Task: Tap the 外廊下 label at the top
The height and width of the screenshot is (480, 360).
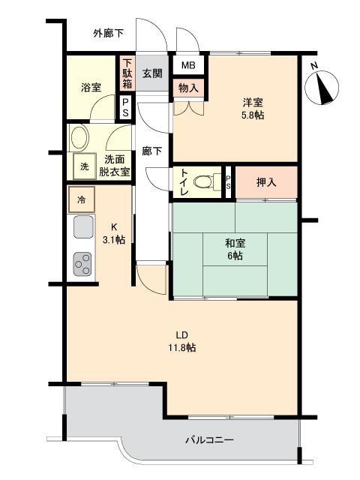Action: pos(109,33)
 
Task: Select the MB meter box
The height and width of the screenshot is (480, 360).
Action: pos(187,65)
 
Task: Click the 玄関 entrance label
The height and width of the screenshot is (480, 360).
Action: pos(152,73)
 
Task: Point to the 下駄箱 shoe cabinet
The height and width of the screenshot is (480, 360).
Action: pos(127,73)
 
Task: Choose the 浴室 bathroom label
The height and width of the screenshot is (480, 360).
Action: pos(91,88)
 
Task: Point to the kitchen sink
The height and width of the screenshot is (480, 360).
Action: pos(82,226)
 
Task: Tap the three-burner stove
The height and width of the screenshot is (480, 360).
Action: pos(82,263)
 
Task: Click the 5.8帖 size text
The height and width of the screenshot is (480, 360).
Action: pos(252,115)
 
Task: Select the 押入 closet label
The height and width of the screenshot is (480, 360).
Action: pos(266,182)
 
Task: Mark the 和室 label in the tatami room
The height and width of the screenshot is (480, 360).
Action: pos(235,243)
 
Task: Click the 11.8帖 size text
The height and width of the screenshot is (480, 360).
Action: pos(181,347)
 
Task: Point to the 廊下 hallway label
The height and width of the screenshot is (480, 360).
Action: pos(152,151)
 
